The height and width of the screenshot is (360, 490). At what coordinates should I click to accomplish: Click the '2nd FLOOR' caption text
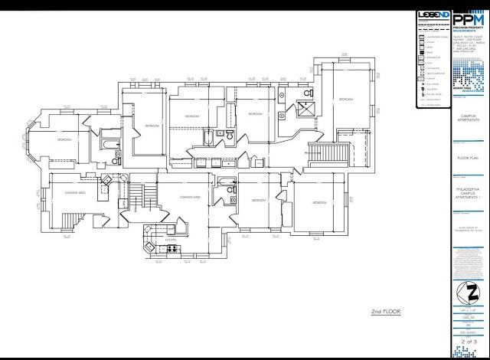pyautogui.click(x=386, y=312)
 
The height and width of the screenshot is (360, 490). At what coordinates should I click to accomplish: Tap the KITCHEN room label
pyautogui.click(x=171, y=241)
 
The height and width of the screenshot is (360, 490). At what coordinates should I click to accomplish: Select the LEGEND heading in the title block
pyautogui.click(x=433, y=15)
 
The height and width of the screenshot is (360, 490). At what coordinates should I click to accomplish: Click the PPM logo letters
pyautogui.click(x=468, y=18)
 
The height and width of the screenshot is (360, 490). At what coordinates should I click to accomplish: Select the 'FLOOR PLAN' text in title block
pyautogui.click(x=468, y=159)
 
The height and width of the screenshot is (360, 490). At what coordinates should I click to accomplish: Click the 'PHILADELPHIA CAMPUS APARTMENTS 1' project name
pyautogui.click(x=468, y=188)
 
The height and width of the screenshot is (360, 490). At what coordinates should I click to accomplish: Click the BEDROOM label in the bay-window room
pyautogui.click(x=64, y=140)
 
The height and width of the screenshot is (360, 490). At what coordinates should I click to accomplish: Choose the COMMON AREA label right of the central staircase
pyautogui.click(x=190, y=197)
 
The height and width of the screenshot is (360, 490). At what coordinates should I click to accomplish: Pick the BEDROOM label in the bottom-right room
pyautogui.click(x=319, y=202)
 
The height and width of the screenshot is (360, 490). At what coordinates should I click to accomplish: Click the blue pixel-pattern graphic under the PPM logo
pyautogui.click(x=468, y=73)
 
